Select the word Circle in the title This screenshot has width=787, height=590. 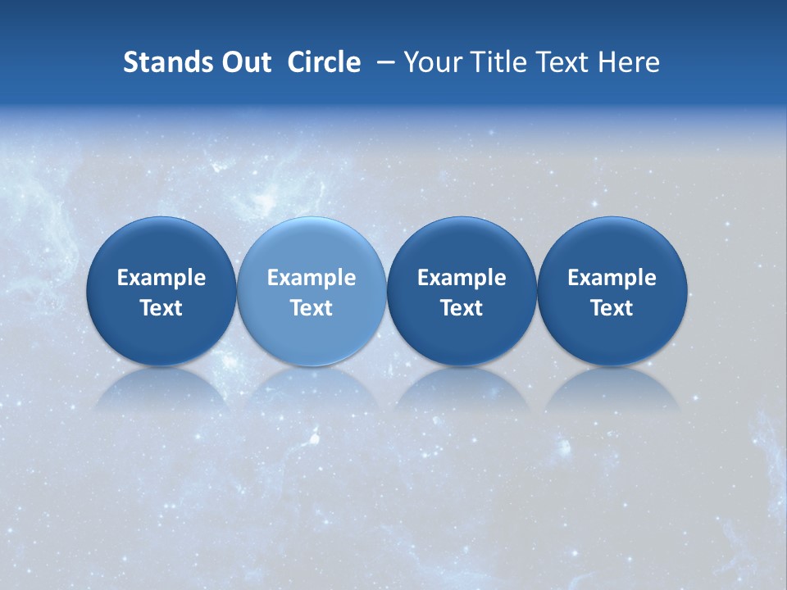324,62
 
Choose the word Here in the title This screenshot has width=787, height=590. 629,62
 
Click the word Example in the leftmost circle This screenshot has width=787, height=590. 161,278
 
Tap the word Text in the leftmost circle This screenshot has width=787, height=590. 161,308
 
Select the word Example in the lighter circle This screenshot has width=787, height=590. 312,278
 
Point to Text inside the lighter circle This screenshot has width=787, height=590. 312,308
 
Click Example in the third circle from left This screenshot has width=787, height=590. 462,278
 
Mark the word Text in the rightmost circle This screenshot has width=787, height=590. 612,308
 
